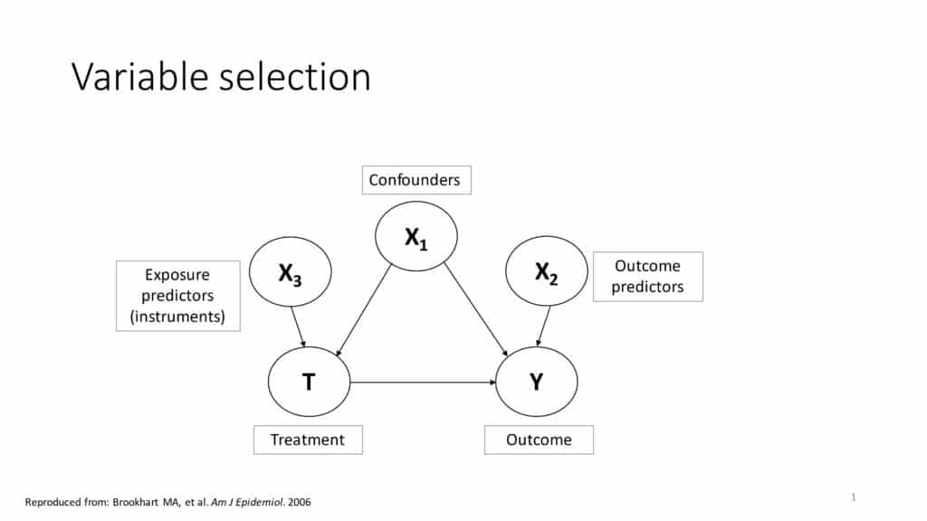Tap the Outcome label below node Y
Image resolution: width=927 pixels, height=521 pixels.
[x=539, y=440]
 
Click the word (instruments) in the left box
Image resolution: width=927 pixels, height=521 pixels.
[x=177, y=317]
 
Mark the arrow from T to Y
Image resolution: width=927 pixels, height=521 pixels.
[x=423, y=383]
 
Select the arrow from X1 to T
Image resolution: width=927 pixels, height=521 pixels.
[x=364, y=310]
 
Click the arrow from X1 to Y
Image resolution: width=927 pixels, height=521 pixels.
[x=476, y=310]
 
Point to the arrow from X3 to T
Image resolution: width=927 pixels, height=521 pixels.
[x=298, y=327]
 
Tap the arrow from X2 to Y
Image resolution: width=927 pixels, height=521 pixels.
[x=543, y=326]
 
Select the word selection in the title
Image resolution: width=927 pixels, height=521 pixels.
[x=295, y=77]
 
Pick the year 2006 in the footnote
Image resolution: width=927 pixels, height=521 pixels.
[x=299, y=502]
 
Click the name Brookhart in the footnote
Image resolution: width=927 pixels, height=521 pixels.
[x=136, y=502]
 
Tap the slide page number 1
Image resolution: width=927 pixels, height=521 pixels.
[x=853, y=497]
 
